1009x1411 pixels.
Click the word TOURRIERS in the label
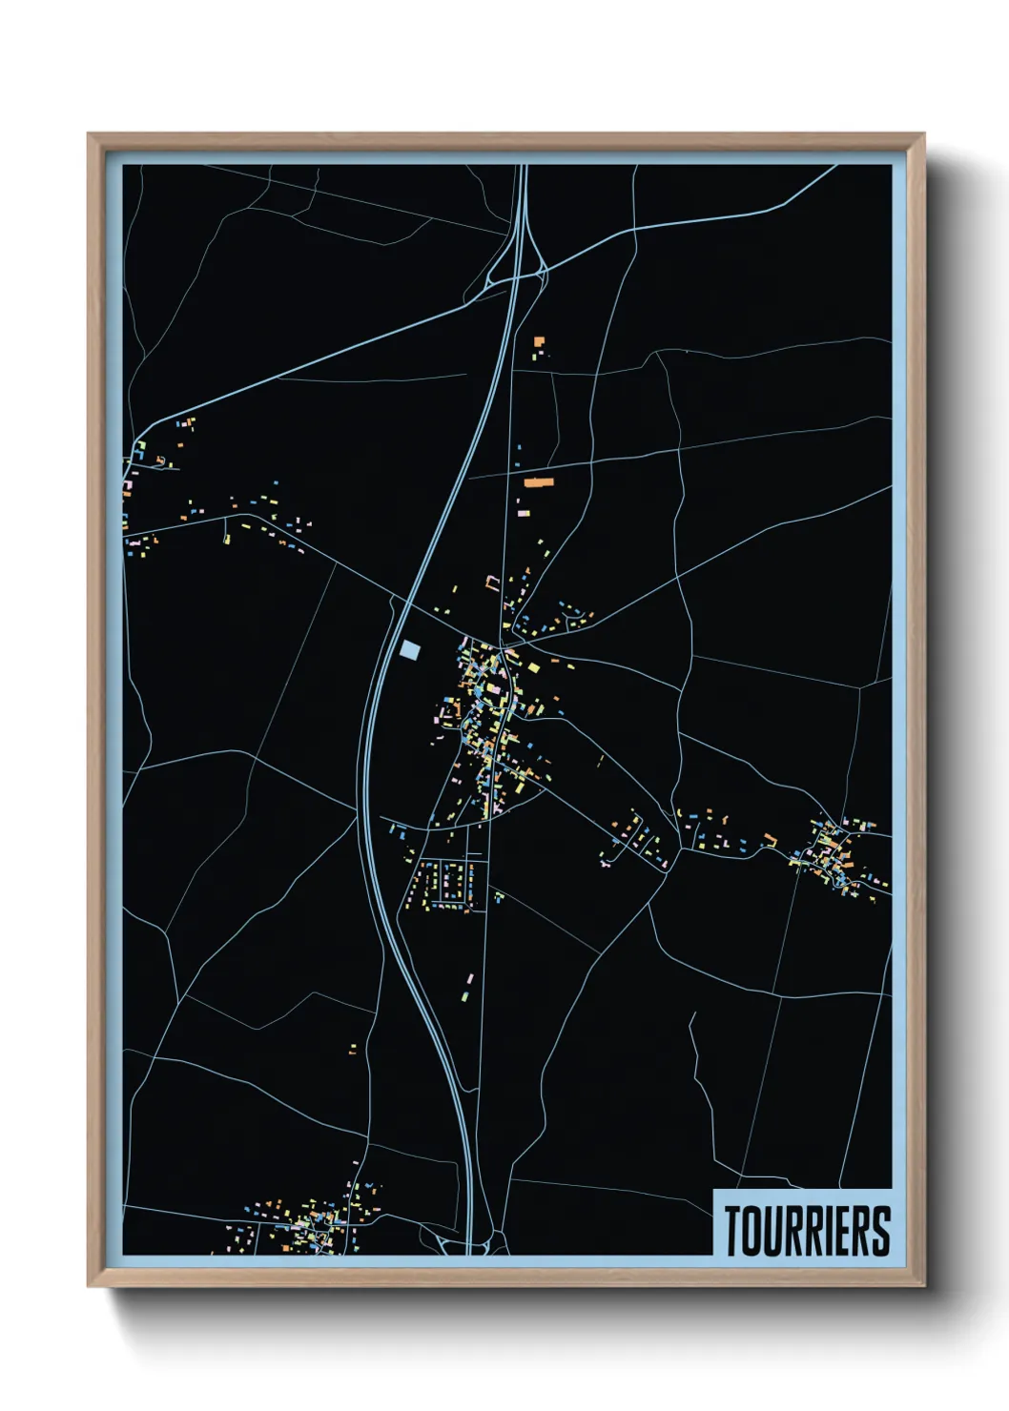(x=807, y=1231)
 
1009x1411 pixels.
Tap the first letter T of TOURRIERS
(x=734, y=1231)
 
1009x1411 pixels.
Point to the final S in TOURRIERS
(x=880, y=1231)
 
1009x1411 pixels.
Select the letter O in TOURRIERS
(x=753, y=1231)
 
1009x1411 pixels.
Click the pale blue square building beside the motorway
(x=410, y=649)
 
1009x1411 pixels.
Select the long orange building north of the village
(x=539, y=482)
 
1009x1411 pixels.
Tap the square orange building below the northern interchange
(x=539, y=340)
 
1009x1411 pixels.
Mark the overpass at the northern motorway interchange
(x=517, y=277)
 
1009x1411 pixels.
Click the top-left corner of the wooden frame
(x=89, y=134)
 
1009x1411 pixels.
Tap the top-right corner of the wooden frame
(x=923, y=134)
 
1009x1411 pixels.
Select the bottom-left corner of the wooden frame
(x=89, y=1285)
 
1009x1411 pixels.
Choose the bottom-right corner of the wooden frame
(x=923, y=1285)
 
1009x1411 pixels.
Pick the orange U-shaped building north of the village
(x=493, y=582)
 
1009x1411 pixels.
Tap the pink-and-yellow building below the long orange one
(x=524, y=512)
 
